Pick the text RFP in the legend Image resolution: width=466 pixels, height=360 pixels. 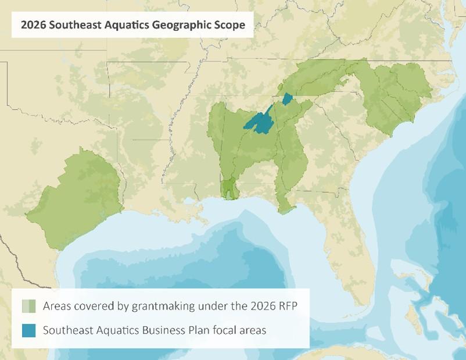pos(287,306)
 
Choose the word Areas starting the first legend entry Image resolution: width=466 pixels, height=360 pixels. pos(57,306)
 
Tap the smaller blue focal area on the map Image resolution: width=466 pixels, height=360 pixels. pos(287,99)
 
